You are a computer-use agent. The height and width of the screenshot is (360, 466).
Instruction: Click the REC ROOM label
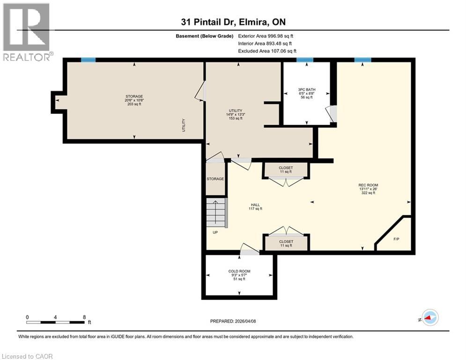(x=368, y=185)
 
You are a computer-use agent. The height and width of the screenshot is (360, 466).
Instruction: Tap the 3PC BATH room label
(x=307, y=90)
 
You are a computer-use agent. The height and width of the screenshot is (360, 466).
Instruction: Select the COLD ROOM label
(x=239, y=271)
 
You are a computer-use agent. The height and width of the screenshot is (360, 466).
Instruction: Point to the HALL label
(x=255, y=205)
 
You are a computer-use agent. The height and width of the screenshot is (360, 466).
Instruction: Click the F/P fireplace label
(x=396, y=239)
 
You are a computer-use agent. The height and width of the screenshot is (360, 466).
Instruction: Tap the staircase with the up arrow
(x=216, y=213)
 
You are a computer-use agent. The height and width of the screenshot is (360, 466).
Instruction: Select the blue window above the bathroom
(x=304, y=60)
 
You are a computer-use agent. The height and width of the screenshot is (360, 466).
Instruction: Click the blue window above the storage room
(x=88, y=60)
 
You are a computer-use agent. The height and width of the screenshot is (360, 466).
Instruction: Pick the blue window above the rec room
(x=362, y=60)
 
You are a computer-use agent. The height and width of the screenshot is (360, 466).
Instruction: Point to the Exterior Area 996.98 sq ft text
(x=266, y=36)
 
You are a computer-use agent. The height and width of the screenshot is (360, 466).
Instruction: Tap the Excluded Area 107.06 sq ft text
(x=267, y=51)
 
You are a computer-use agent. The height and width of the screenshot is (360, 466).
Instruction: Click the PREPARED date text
(x=233, y=321)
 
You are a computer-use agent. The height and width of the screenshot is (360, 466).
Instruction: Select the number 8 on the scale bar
(x=84, y=317)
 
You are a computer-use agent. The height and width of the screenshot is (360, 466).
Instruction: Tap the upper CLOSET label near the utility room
(x=286, y=168)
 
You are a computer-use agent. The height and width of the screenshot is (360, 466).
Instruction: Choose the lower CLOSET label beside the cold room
(x=286, y=241)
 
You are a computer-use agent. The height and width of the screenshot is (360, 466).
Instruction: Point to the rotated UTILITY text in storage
(x=184, y=125)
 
